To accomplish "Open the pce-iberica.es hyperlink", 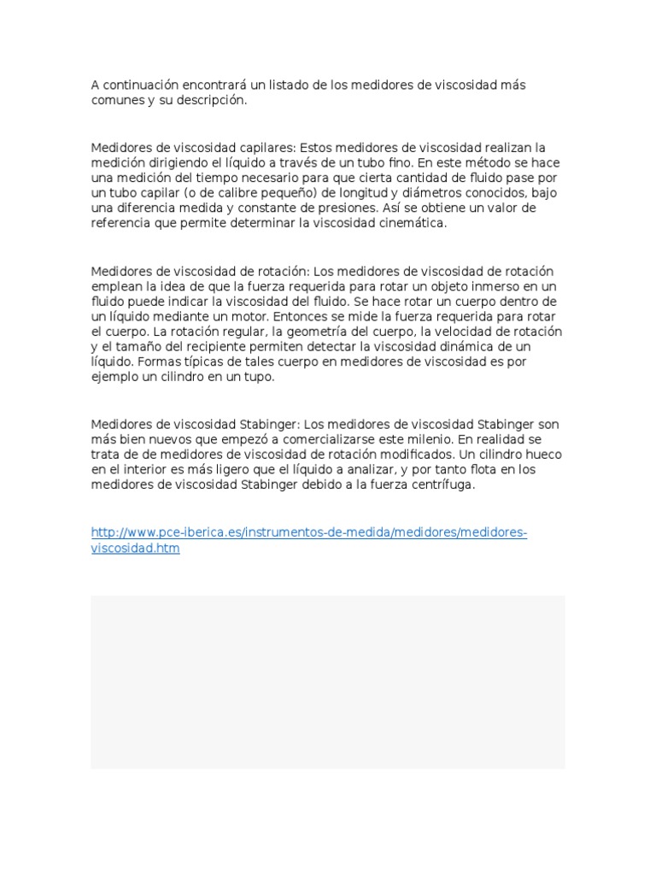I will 307,533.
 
